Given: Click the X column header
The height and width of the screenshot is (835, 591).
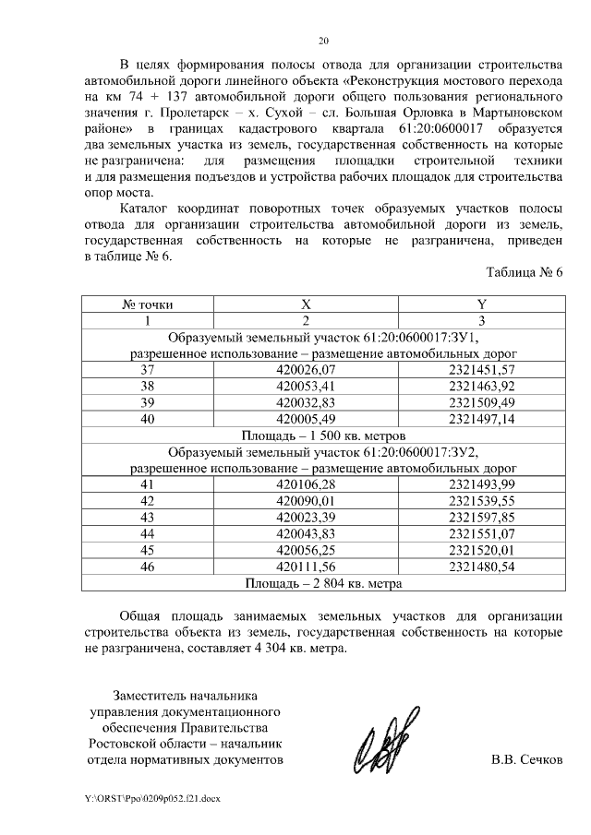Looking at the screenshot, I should (306, 304).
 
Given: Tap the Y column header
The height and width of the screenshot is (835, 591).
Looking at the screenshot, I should (480, 304).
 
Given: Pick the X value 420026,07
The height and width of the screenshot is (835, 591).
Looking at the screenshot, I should (306, 369).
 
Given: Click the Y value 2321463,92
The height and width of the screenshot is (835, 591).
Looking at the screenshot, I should (480, 386).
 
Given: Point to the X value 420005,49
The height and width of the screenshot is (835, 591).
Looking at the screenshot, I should (306, 418).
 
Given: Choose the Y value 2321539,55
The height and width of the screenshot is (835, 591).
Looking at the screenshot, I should (480, 500).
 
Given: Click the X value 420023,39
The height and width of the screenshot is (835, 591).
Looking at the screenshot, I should (306, 517).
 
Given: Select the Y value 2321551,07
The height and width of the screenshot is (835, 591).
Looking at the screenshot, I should (480, 533).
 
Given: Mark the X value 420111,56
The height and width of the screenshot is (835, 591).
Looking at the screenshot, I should (306, 567).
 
